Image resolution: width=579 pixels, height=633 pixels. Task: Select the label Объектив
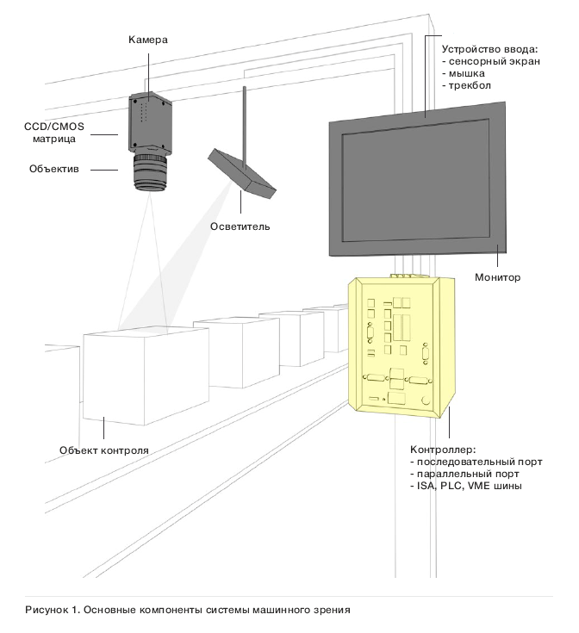pos(54,170)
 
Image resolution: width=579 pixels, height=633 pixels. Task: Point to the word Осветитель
pos(240,227)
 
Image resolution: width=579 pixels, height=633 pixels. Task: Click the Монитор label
pos(498,277)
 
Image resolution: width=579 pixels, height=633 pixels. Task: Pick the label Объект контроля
pos(104,450)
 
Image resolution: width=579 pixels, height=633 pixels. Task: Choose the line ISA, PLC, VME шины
pos(465,487)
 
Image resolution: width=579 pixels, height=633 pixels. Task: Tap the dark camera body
pos(150,121)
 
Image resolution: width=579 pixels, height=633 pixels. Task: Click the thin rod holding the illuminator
pos(245,121)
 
